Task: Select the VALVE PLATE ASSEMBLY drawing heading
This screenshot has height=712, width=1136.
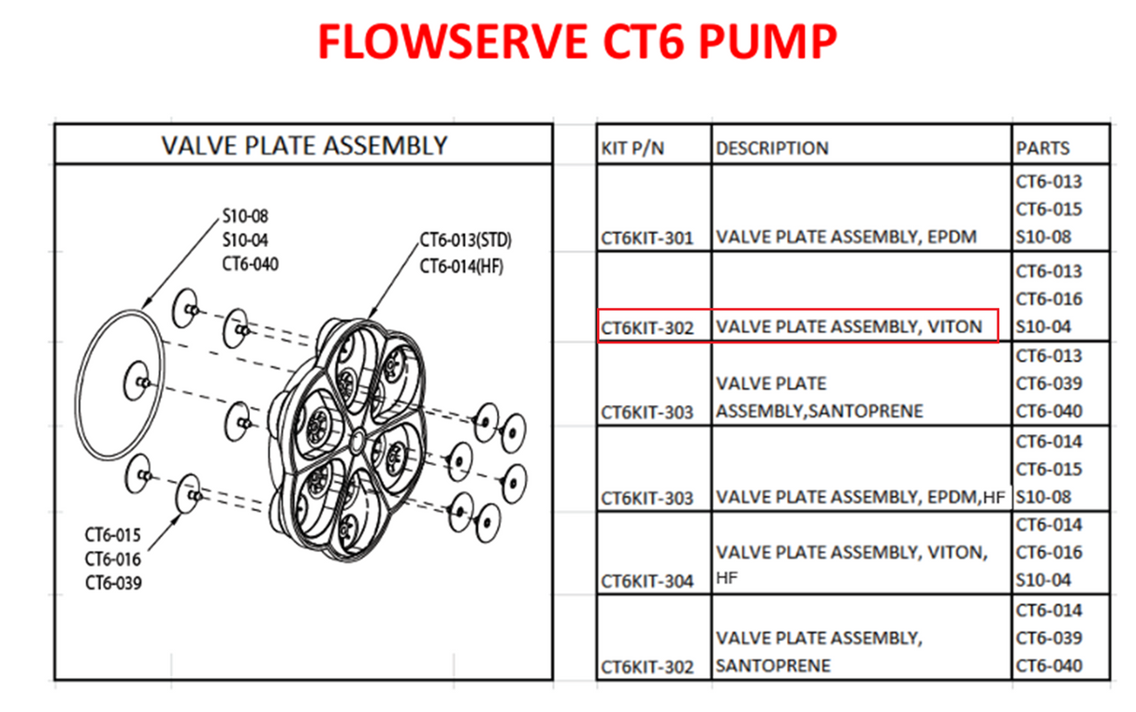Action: (x=304, y=145)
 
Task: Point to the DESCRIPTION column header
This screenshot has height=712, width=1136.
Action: (x=772, y=148)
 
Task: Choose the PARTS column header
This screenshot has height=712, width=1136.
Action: (x=1042, y=148)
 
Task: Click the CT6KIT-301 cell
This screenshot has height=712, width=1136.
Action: (x=648, y=238)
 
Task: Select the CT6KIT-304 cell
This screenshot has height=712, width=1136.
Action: (x=648, y=581)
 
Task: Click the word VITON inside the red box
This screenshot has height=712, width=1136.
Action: (x=955, y=327)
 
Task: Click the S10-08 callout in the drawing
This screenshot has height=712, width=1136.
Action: (x=245, y=216)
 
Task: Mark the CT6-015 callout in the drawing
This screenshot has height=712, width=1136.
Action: (x=112, y=535)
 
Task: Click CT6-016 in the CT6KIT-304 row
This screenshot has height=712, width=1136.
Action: (x=1049, y=552)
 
